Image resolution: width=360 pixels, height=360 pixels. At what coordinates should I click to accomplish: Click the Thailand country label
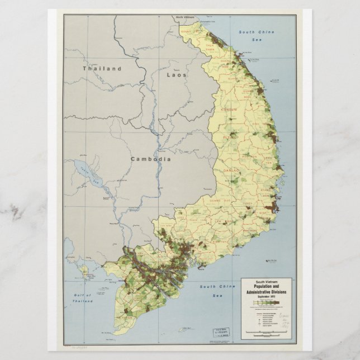[102, 69]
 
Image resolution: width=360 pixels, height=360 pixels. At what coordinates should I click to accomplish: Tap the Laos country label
[177, 74]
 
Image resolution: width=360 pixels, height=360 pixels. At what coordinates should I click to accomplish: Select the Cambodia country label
[150, 159]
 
